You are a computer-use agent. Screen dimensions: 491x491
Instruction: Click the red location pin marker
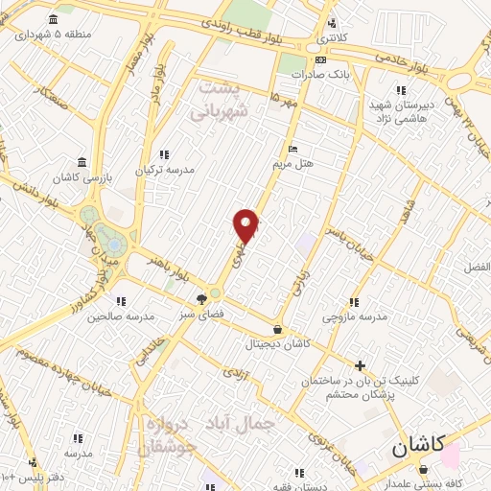click(246, 224)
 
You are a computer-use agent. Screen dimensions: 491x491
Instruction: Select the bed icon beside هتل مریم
click(293, 149)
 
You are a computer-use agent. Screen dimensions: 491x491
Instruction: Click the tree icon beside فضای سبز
click(201, 298)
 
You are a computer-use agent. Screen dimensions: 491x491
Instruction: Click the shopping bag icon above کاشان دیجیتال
click(277, 329)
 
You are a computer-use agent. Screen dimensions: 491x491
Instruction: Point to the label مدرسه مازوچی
click(354, 316)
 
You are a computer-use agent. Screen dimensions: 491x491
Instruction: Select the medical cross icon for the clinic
click(360, 365)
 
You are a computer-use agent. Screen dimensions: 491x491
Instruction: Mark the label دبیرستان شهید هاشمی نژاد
click(404, 108)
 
